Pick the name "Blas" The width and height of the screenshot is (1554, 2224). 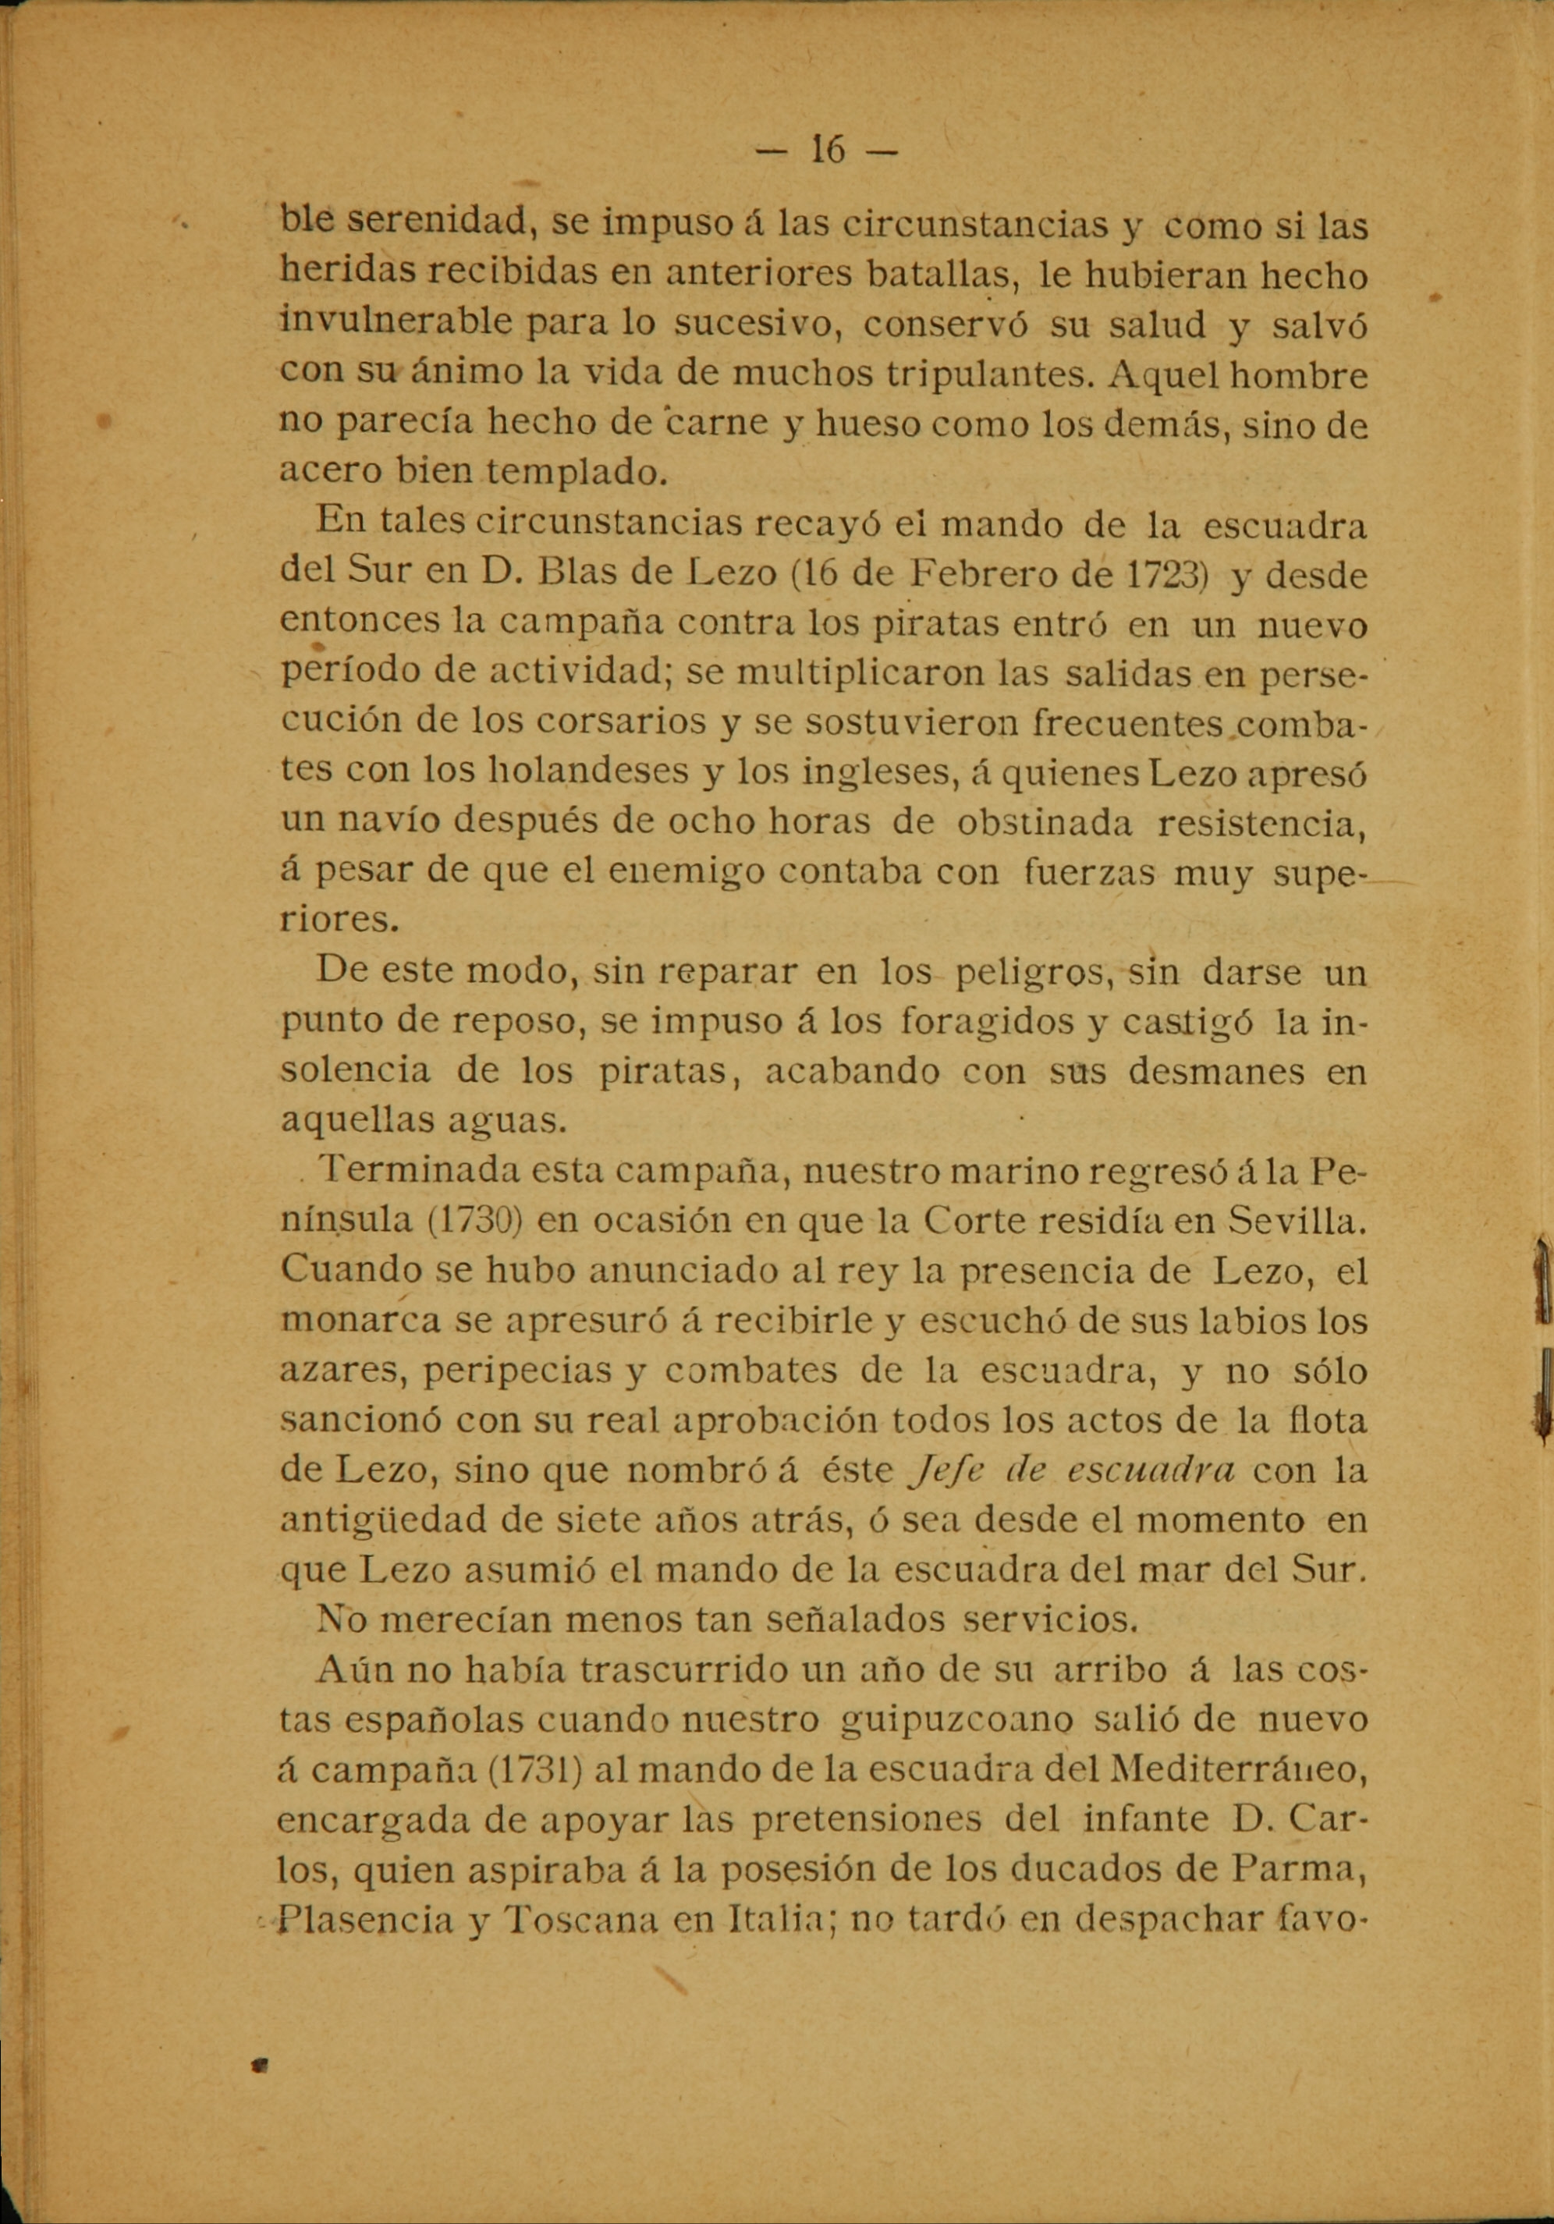pos(580,576)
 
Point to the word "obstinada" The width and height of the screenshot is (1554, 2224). pos(1044,822)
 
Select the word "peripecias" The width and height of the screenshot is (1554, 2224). pos(509,1371)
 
